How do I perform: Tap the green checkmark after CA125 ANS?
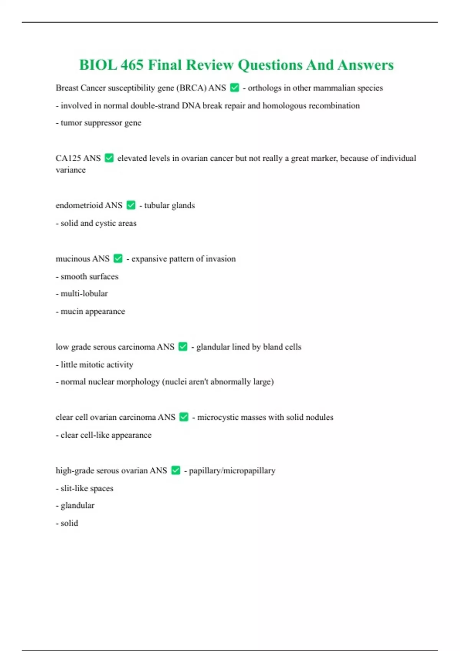[109, 158]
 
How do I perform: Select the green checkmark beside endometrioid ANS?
[131, 205]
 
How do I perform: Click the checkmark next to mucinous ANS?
[118, 258]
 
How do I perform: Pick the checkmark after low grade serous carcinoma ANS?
[183, 347]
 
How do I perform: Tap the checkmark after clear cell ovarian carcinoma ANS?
[184, 417]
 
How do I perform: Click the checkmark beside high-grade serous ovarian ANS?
[176, 470]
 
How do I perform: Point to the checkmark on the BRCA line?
[235, 88]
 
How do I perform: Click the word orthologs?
[264, 88]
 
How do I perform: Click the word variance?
[71, 170]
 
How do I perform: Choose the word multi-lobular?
[84, 294]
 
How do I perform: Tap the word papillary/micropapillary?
[232, 471]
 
